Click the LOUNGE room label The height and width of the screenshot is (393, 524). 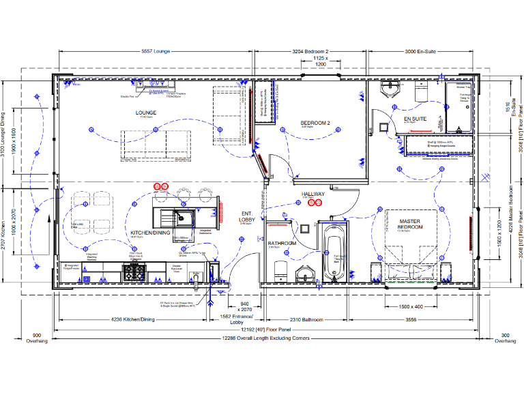146,113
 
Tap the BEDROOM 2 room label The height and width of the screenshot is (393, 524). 315,123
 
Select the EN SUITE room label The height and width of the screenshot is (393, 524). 415,119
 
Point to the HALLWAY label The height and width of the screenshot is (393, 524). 313,194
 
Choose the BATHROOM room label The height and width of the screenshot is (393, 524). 281,243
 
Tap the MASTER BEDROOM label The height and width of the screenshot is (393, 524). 411,224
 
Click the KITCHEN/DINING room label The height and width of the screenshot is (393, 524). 150,233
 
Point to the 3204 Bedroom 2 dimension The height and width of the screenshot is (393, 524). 310,51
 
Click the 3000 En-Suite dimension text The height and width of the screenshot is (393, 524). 420,51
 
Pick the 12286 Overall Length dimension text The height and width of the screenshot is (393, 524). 266,338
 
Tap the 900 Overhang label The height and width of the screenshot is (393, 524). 37,338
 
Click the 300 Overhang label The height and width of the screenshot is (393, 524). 505,338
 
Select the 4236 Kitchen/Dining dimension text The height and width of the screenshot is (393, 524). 133,319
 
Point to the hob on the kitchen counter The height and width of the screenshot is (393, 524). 132,272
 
